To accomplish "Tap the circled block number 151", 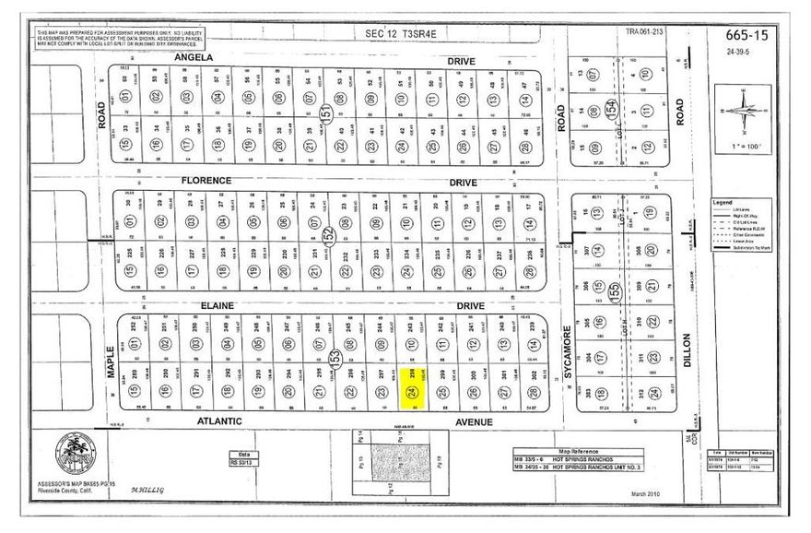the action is (x=325, y=113).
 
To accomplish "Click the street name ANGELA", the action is (x=194, y=57).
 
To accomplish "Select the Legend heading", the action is (x=721, y=201).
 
